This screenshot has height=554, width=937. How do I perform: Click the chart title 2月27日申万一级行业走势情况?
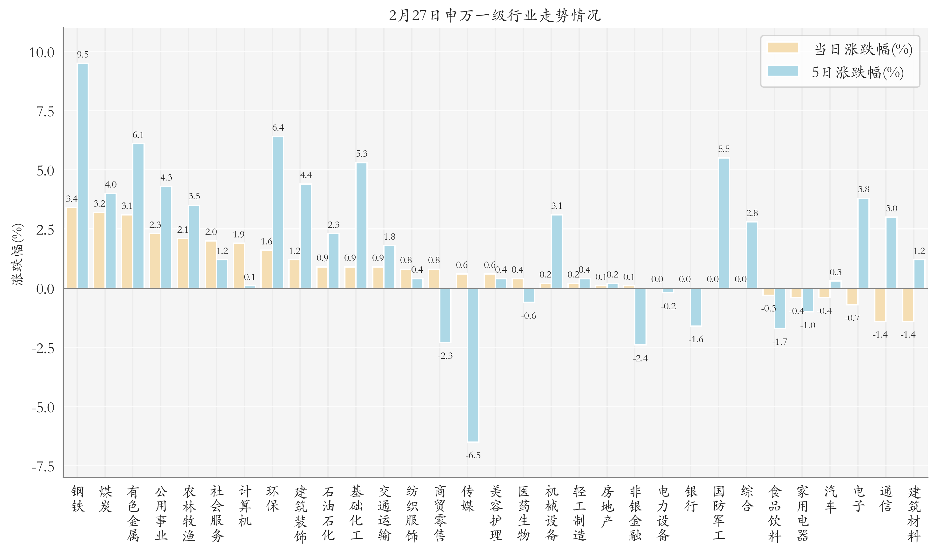[x=494, y=15]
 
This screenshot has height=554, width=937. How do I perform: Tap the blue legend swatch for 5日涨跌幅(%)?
[x=782, y=71]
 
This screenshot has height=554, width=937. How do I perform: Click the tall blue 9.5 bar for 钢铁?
[x=83, y=175]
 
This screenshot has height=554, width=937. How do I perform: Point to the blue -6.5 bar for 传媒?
[x=473, y=365]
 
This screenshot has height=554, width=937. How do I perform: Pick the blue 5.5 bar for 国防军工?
[x=724, y=223]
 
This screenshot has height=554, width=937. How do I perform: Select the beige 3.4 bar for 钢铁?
[x=71, y=248]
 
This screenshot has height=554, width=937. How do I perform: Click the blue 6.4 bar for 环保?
[x=278, y=212]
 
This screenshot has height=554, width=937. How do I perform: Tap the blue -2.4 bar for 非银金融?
[x=640, y=316]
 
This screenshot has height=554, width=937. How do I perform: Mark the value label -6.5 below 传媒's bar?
[x=473, y=455]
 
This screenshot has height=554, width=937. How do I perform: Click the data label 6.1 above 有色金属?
[x=138, y=135]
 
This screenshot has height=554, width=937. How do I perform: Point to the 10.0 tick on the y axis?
[x=42, y=53]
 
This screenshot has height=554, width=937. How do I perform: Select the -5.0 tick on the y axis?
[x=43, y=407]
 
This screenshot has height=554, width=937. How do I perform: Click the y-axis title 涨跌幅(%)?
[x=17, y=254]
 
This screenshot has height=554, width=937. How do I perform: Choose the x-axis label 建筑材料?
[x=914, y=514]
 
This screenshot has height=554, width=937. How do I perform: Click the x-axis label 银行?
[x=691, y=499]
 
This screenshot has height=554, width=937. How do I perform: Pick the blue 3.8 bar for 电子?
[x=863, y=243]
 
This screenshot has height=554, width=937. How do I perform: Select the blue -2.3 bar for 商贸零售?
[x=445, y=315]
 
